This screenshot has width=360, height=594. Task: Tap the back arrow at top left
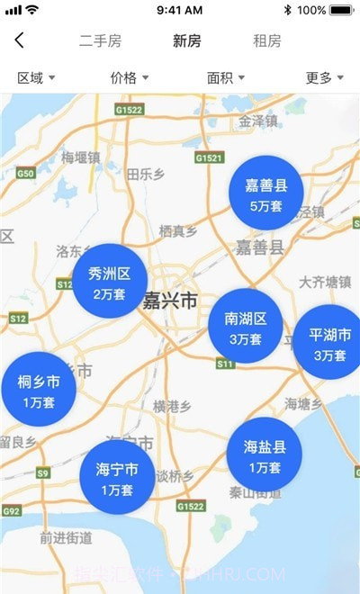pyautogui.click(x=20, y=40)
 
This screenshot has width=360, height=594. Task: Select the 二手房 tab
pyautogui.click(x=100, y=41)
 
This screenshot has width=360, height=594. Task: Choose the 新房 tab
pyautogui.click(x=187, y=41)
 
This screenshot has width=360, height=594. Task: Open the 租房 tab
pyautogui.click(x=267, y=41)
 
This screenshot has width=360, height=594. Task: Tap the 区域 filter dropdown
pyautogui.click(x=36, y=78)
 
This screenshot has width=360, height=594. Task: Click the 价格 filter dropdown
pyautogui.click(x=129, y=78)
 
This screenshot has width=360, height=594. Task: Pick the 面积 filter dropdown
pyautogui.click(x=226, y=78)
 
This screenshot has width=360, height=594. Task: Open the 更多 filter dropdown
pyautogui.click(x=324, y=78)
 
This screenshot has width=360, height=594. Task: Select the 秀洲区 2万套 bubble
pyautogui.click(x=110, y=282)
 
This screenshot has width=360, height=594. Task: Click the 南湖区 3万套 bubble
pyautogui.click(x=245, y=327)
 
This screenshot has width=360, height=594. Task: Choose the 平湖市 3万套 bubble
pyautogui.click(x=329, y=343)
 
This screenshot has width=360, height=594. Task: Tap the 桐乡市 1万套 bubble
pyautogui.click(x=39, y=390)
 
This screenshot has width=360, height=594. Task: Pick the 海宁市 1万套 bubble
pyautogui.click(x=117, y=478)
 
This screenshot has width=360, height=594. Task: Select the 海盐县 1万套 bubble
pyautogui.click(x=265, y=455)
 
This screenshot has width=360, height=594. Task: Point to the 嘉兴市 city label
pyautogui.click(x=168, y=301)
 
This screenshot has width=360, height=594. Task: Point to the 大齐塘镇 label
pyautogui.click(x=325, y=282)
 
